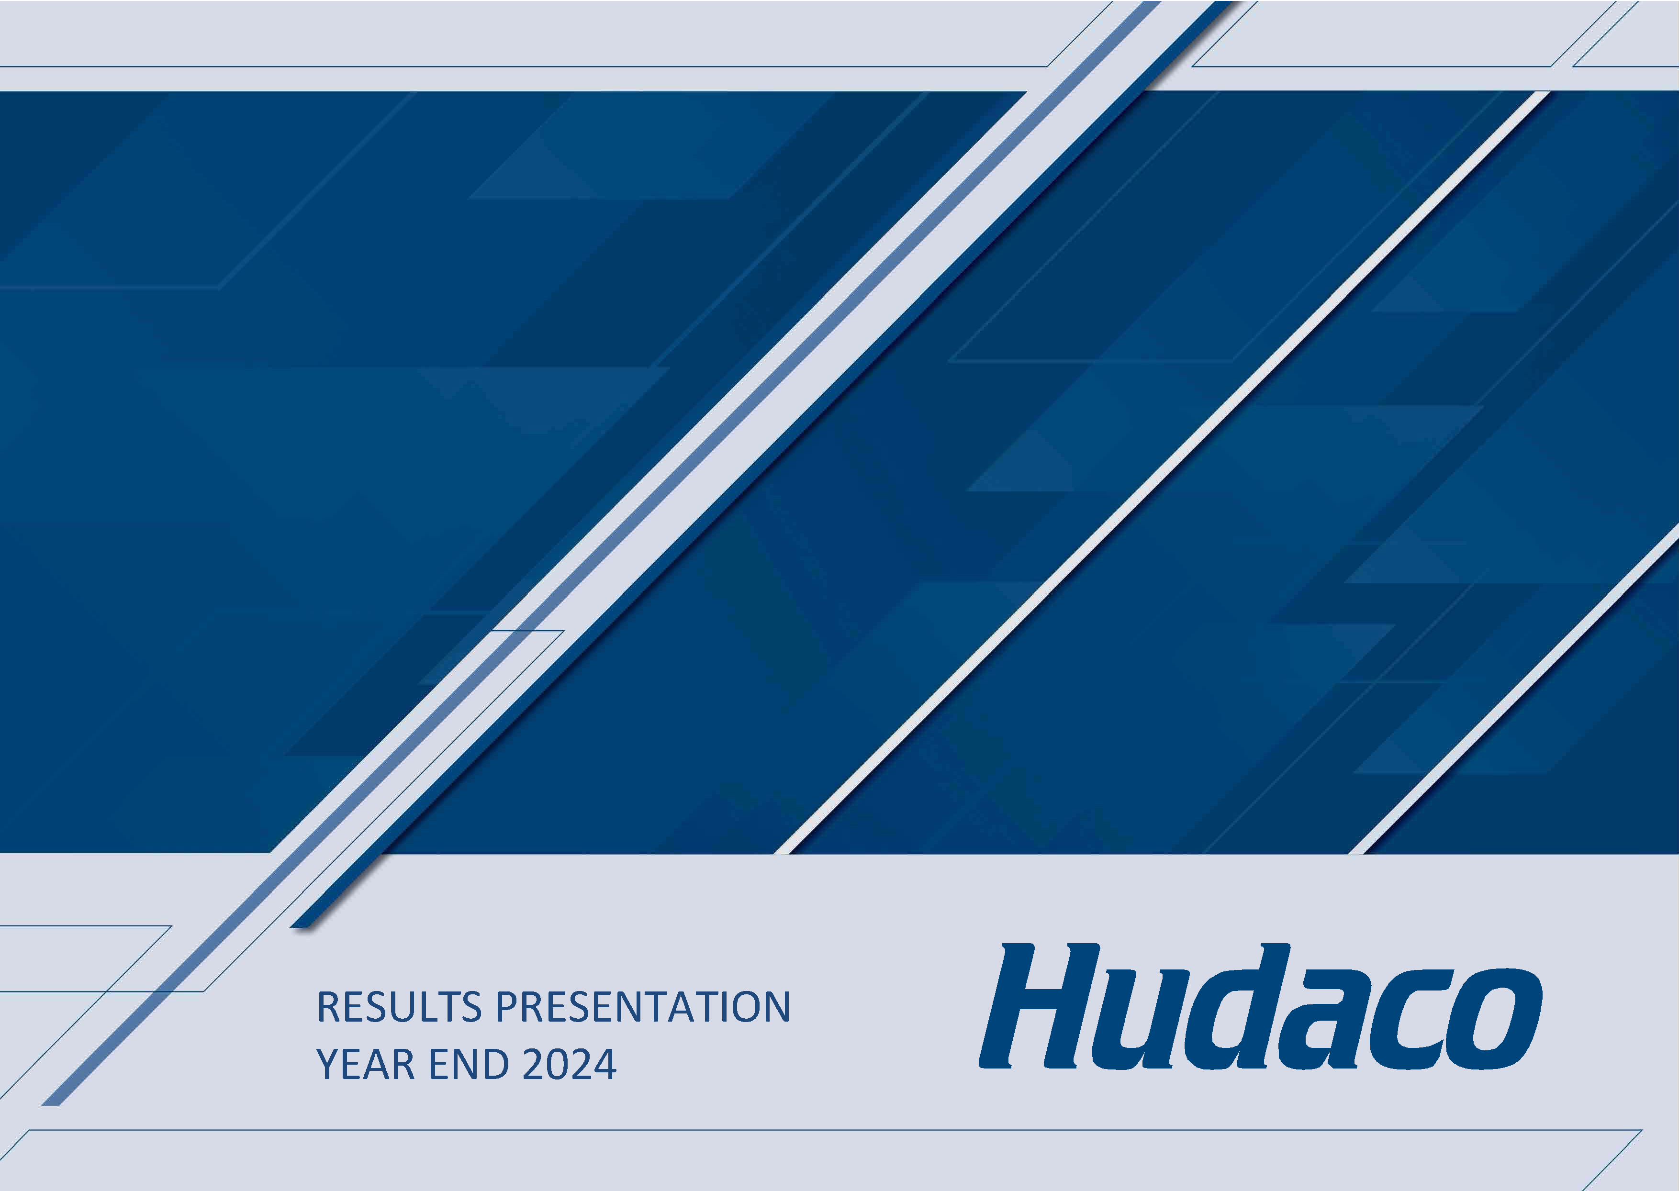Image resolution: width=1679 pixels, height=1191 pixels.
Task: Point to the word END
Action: (x=469, y=1064)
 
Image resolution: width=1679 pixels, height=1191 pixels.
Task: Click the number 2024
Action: (x=569, y=1064)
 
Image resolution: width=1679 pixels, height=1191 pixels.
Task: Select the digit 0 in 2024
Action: (x=558, y=1064)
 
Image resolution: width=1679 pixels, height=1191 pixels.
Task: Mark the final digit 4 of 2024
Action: (x=605, y=1064)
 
